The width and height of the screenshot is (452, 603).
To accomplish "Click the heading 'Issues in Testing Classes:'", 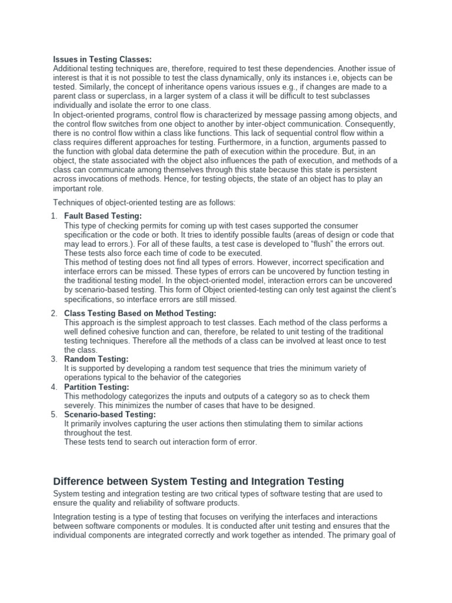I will [x=102, y=59].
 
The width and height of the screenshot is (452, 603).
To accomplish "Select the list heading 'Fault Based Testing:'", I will [x=103, y=216].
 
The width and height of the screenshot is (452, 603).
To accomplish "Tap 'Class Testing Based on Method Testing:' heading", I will [x=140, y=313].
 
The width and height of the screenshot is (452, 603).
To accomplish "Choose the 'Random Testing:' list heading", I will [x=96, y=359].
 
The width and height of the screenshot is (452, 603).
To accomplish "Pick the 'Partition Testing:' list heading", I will [x=97, y=387].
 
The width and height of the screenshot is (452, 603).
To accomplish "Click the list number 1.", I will [x=54, y=216].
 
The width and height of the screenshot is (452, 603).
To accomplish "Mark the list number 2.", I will [x=54, y=313].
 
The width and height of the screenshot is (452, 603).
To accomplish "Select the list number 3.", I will [x=54, y=359].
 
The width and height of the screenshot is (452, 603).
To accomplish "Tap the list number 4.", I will [x=54, y=387].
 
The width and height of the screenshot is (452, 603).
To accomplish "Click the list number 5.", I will [x=54, y=415].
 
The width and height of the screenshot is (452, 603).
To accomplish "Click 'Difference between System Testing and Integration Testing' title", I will [x=198, y=481].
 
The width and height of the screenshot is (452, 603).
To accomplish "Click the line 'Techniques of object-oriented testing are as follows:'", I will [x=144, y=203].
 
